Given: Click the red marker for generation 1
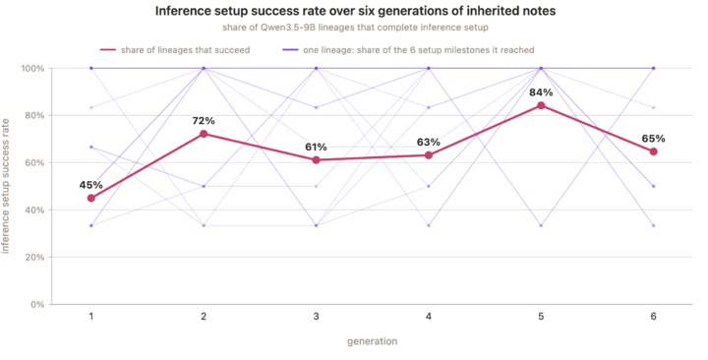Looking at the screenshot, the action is (91, 198).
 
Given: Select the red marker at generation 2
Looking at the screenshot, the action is (204, 134).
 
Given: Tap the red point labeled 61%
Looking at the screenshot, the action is (316, 160).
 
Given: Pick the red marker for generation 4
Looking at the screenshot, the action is (429, 155).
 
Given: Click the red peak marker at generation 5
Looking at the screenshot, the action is (541, 105).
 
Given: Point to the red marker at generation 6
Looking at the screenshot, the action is (653, 151).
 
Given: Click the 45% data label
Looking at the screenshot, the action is (91, 185).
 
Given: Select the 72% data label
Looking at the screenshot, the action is (204, 121).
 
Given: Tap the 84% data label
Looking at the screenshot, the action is (541, 92).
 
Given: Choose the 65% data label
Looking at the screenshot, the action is (653, 139).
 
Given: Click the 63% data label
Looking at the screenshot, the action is (429, 143).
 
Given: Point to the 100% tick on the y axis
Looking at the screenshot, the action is (33, 68).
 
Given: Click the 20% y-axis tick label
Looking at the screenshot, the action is (35, 258).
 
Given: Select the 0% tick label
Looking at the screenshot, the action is (37, 305).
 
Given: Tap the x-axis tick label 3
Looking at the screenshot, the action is (316, 317).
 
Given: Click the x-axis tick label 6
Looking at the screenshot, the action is (653, 317).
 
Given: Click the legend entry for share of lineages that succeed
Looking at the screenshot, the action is (175, 50).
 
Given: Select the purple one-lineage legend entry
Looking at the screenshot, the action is (408, 50).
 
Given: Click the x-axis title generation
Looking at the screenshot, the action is (372, 341).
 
